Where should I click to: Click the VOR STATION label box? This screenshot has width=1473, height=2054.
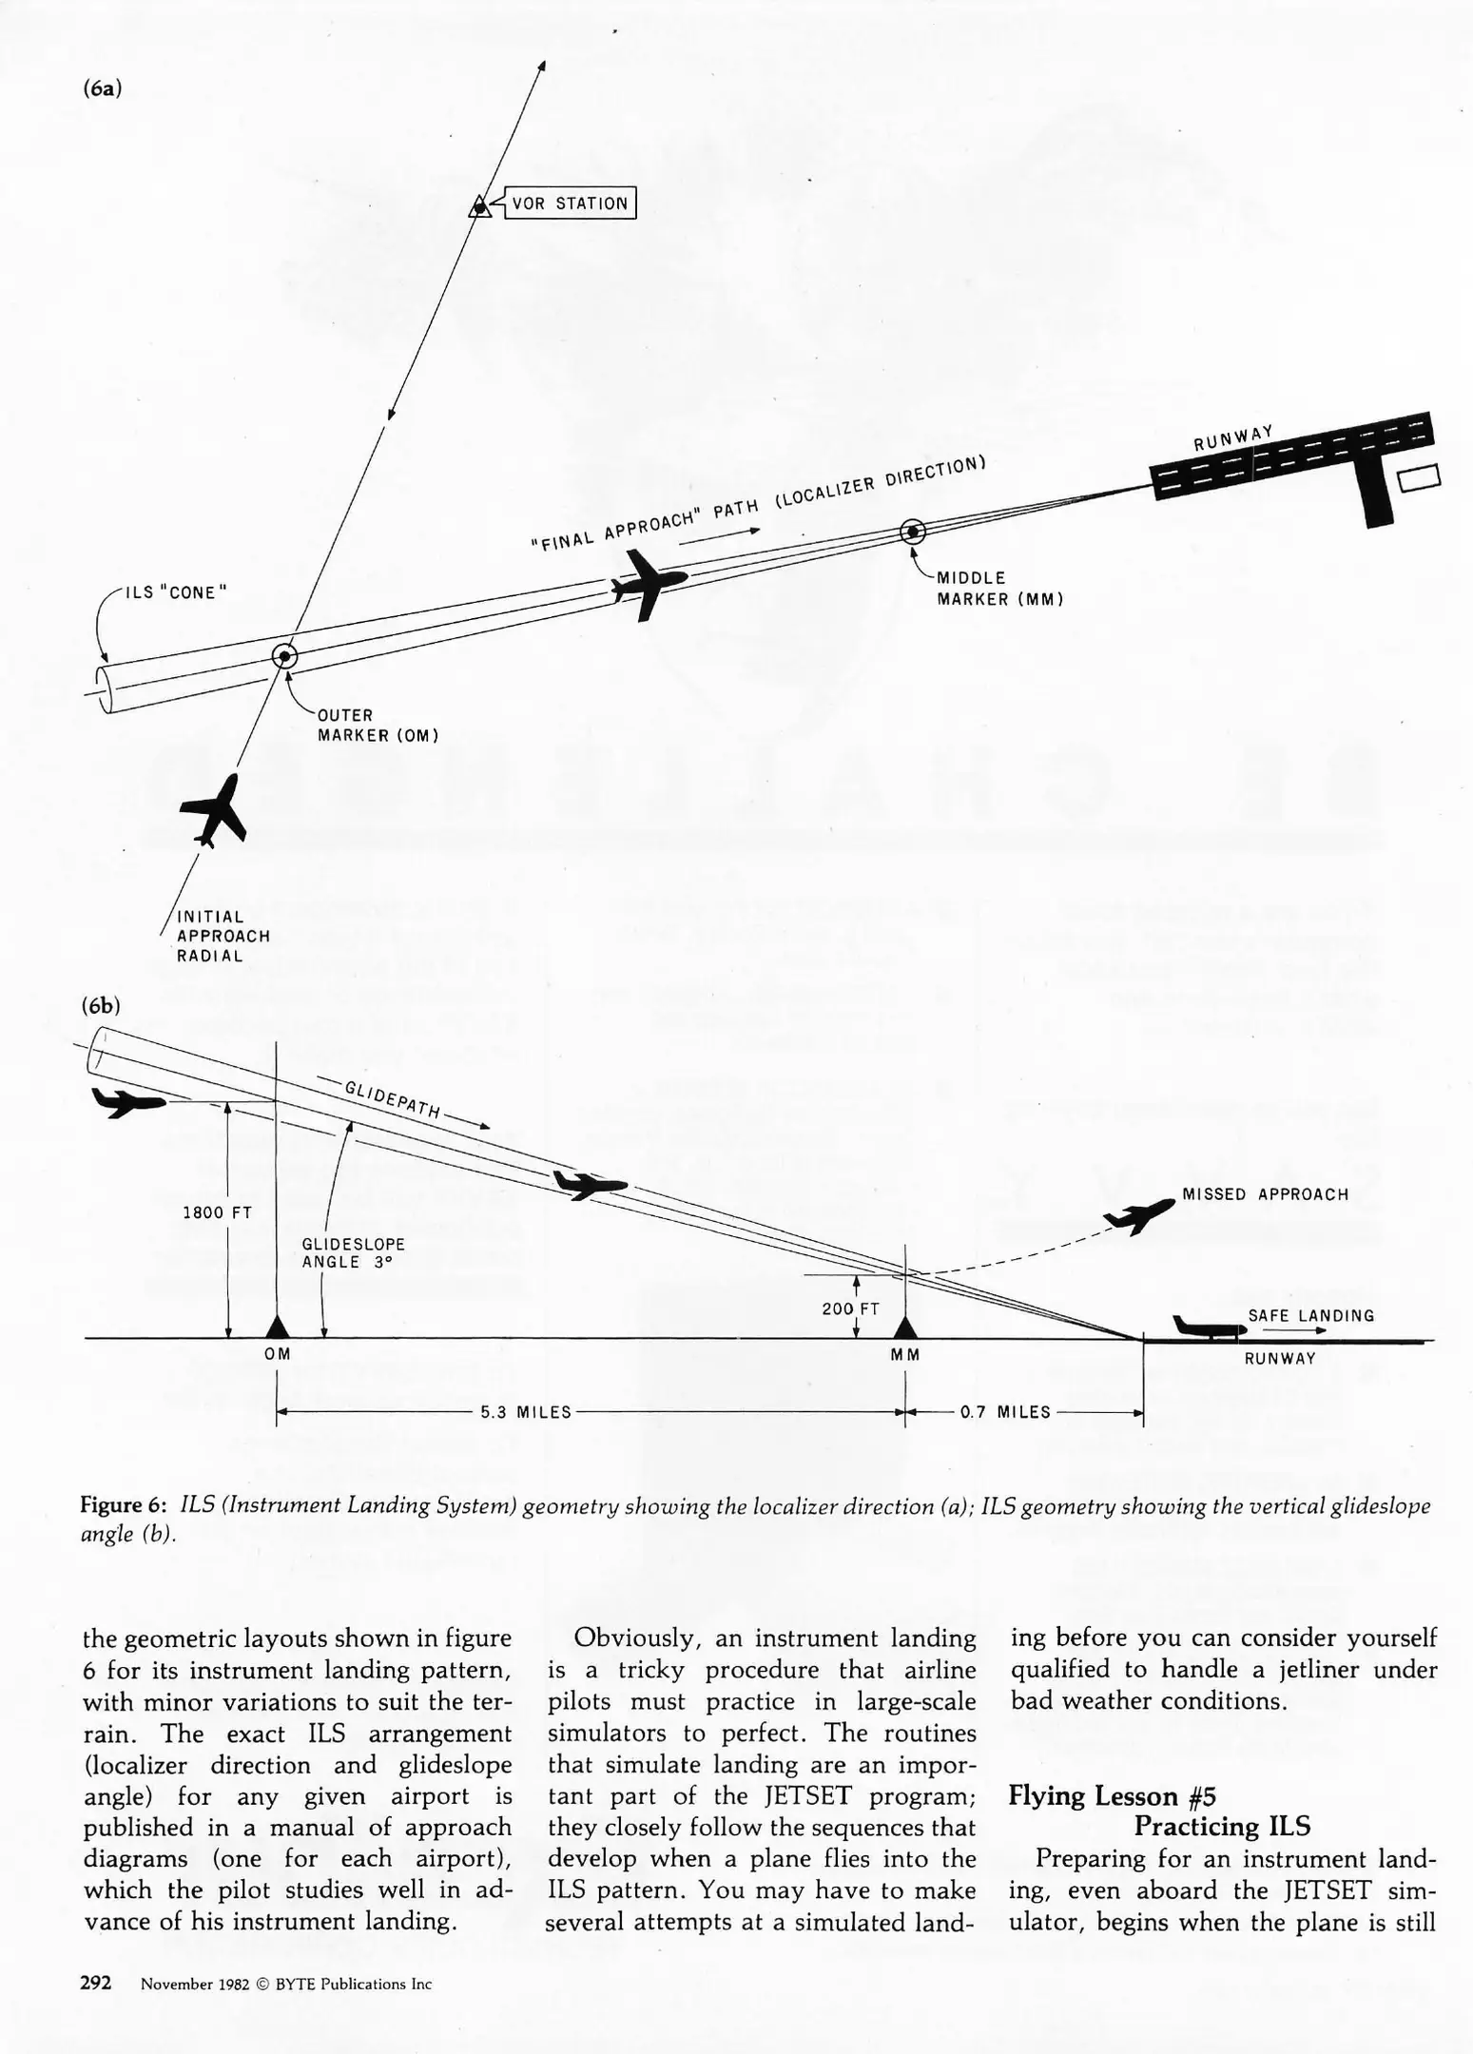pyautogui.click(x=570, y=203)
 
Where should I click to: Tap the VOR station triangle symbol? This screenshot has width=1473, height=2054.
pyautogui.click(x=480, y=206)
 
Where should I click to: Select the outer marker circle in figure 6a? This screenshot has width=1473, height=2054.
pyautogui.click(x=284, y=656)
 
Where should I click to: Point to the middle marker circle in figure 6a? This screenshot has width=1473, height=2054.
pyautogui.click(x=913, y=532)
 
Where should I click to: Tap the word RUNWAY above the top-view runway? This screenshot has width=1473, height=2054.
pyautogui.click(x=1233, y=439)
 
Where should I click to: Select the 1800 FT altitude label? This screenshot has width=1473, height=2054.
pyautogui.click(x=217, y=1212)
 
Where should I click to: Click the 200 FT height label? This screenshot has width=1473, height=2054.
pyautogui.click(x=850, y=1308)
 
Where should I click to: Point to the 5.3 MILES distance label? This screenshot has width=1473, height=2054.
pyautogui.click(x=526, y=1412)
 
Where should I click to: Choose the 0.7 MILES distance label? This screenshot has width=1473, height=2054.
pyautogui.click(x=1005, y=1412)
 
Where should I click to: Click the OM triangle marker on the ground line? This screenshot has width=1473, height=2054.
pyautogui.click(x=277, y=1327)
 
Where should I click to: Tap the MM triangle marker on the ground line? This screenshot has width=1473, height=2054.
pyautogui.click(x=905, y=1327)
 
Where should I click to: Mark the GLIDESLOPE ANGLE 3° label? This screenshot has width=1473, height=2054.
pyautogui.click(x=353, y=1252)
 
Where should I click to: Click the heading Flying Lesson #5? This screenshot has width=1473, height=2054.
pyautogui.click(x=1112, y=1795)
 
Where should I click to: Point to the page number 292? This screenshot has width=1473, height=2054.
pyautogui.click(x=96, y=1983)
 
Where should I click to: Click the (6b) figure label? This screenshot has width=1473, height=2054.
pyautogui.click(x=101, y=1005)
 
